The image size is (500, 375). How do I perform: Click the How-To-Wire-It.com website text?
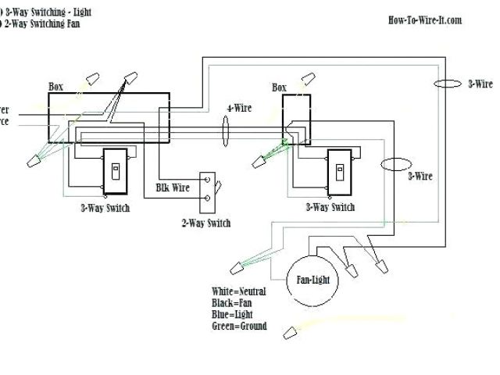pyautogui.click(x=424, y=20)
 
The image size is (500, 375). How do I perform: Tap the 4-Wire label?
pyautogui.click(x=239, y=108)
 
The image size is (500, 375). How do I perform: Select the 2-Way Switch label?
pyautogui.click(x=205, y=223)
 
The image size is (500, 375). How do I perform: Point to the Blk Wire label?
pyautogui.click(x=173, y=187)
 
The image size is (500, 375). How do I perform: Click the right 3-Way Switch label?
pyautogui.click(x=329, y=207)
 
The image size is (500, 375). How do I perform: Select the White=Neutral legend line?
pyautogui.click(x=238, y=291)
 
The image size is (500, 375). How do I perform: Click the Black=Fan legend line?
pyautogui.click(x=234, y=303)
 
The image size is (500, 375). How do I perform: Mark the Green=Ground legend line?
pyautogui.click(x=239, y=327)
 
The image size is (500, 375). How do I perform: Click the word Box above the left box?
pyautogui.click(x=56, y=87)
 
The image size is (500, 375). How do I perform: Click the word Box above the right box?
pyautogui.click(x=280, y=87)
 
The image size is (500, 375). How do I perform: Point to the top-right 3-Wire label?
pyautogui.click(x=480, y=84)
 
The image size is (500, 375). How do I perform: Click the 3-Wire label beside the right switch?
pyautogui.click(x=420, y=177)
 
